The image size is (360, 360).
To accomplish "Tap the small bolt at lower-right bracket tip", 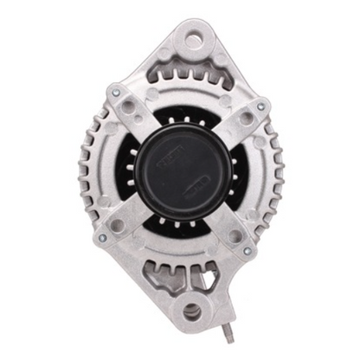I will click(x=247, y=251).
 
